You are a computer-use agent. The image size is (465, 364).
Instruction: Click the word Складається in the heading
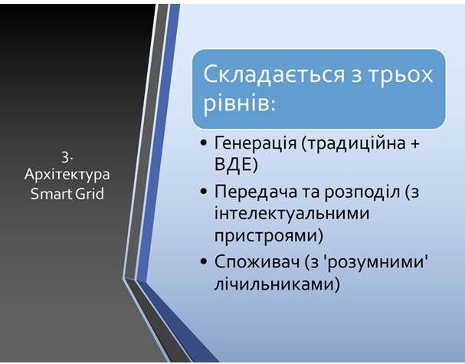[x=273, y=75]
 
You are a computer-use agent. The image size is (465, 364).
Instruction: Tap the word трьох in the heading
[x=401, y=76]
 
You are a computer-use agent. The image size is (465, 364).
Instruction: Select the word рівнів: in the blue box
[x=239, y=103]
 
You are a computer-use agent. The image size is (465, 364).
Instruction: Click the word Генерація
[x=255, y=143]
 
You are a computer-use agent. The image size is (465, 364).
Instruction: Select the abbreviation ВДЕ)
[x=236, y=164]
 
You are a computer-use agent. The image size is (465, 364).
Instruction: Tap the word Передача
[x=256, y=192]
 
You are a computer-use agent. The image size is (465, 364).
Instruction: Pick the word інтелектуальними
[x=292, y=214]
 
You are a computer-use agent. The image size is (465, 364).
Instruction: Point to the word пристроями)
[x=269, y=236]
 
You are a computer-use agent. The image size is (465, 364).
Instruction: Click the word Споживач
[x=257, y=263]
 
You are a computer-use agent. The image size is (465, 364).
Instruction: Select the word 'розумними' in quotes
[x=377, y=263]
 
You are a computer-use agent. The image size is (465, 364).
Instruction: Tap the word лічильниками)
[x=277, y=284]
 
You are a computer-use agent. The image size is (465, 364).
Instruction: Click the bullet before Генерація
[x=204, y=143]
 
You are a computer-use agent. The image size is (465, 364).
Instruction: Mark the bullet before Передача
[x=204, y=192]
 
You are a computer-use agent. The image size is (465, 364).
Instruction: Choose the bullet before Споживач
[x=204, y=262]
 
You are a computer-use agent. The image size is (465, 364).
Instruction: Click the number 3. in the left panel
[x=67, y=157]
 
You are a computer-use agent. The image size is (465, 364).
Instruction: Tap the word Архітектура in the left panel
[x=67, y=175]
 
